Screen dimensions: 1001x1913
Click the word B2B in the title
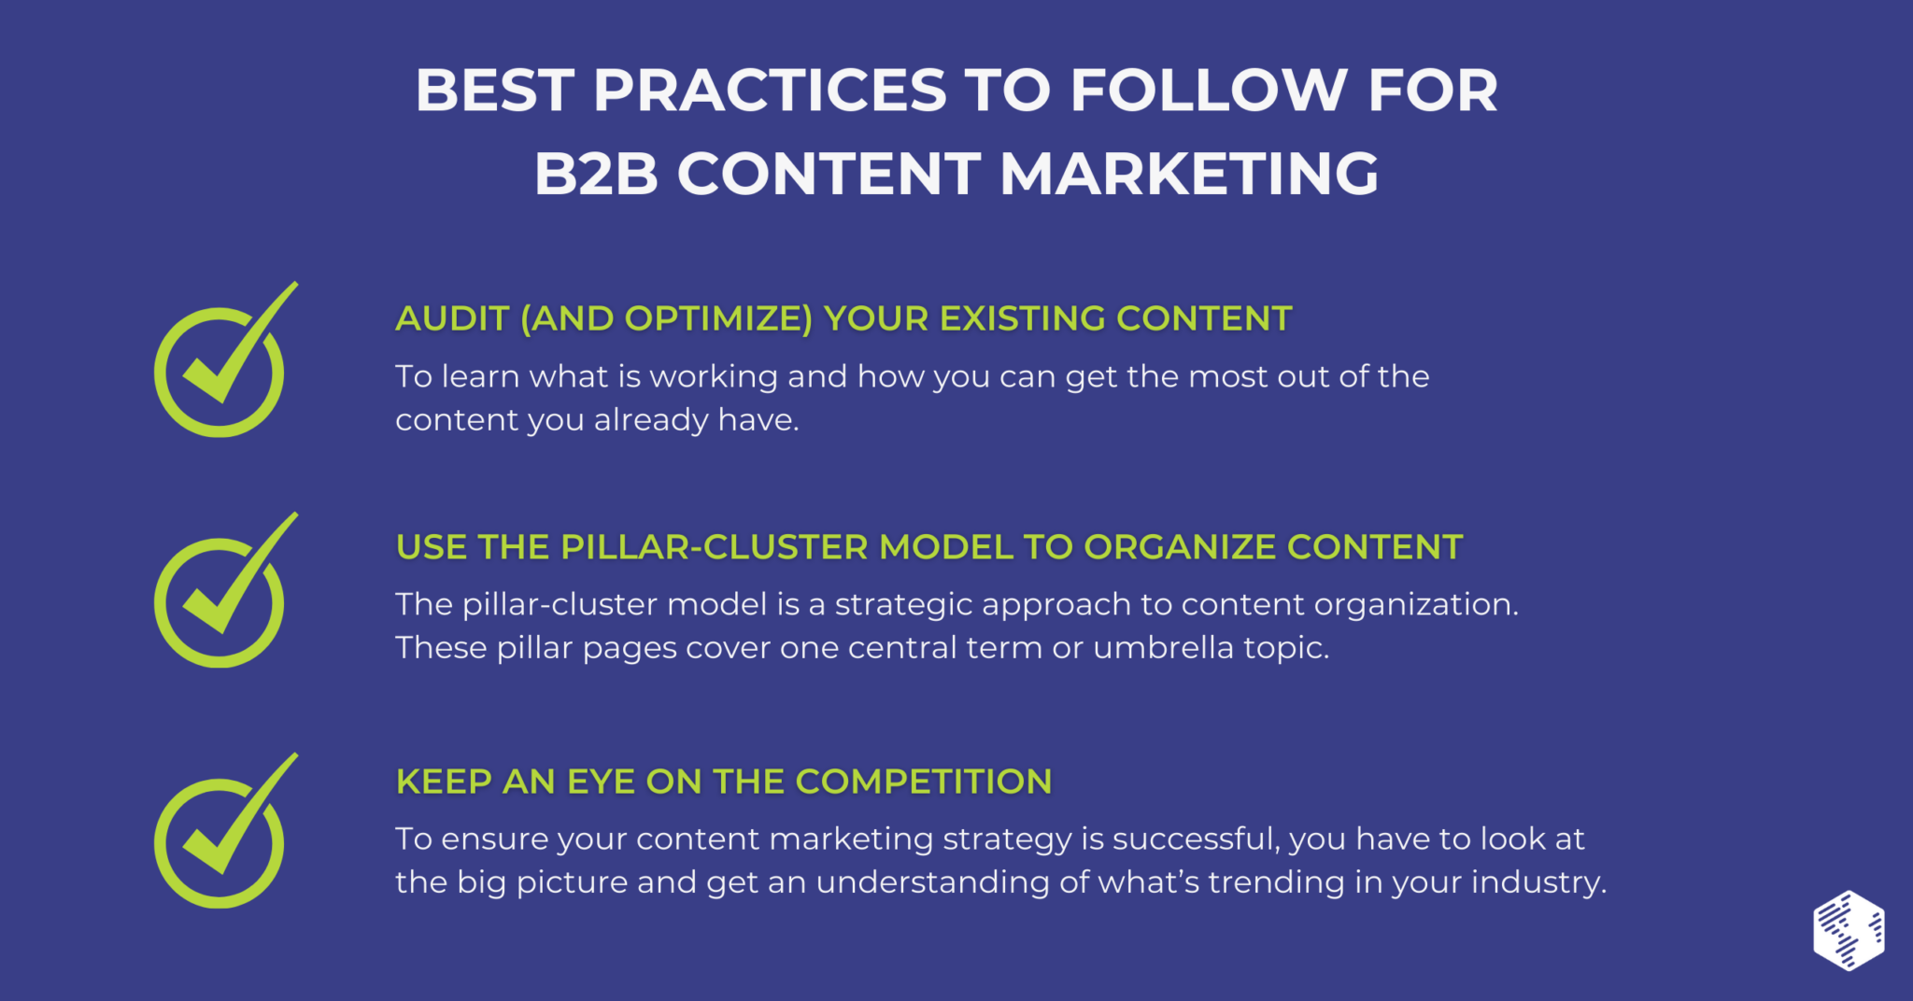tap(596, 175)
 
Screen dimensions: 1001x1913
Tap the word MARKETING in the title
tap(1189, 175)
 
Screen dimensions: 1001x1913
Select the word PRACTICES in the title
tap(770, 91)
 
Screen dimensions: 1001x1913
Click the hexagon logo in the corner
tap(1849, 931)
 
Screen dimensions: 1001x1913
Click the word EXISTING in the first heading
tap(1023, 319)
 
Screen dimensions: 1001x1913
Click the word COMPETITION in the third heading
tap(924, 782)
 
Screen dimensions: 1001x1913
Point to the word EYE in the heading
tap(601, 782)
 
